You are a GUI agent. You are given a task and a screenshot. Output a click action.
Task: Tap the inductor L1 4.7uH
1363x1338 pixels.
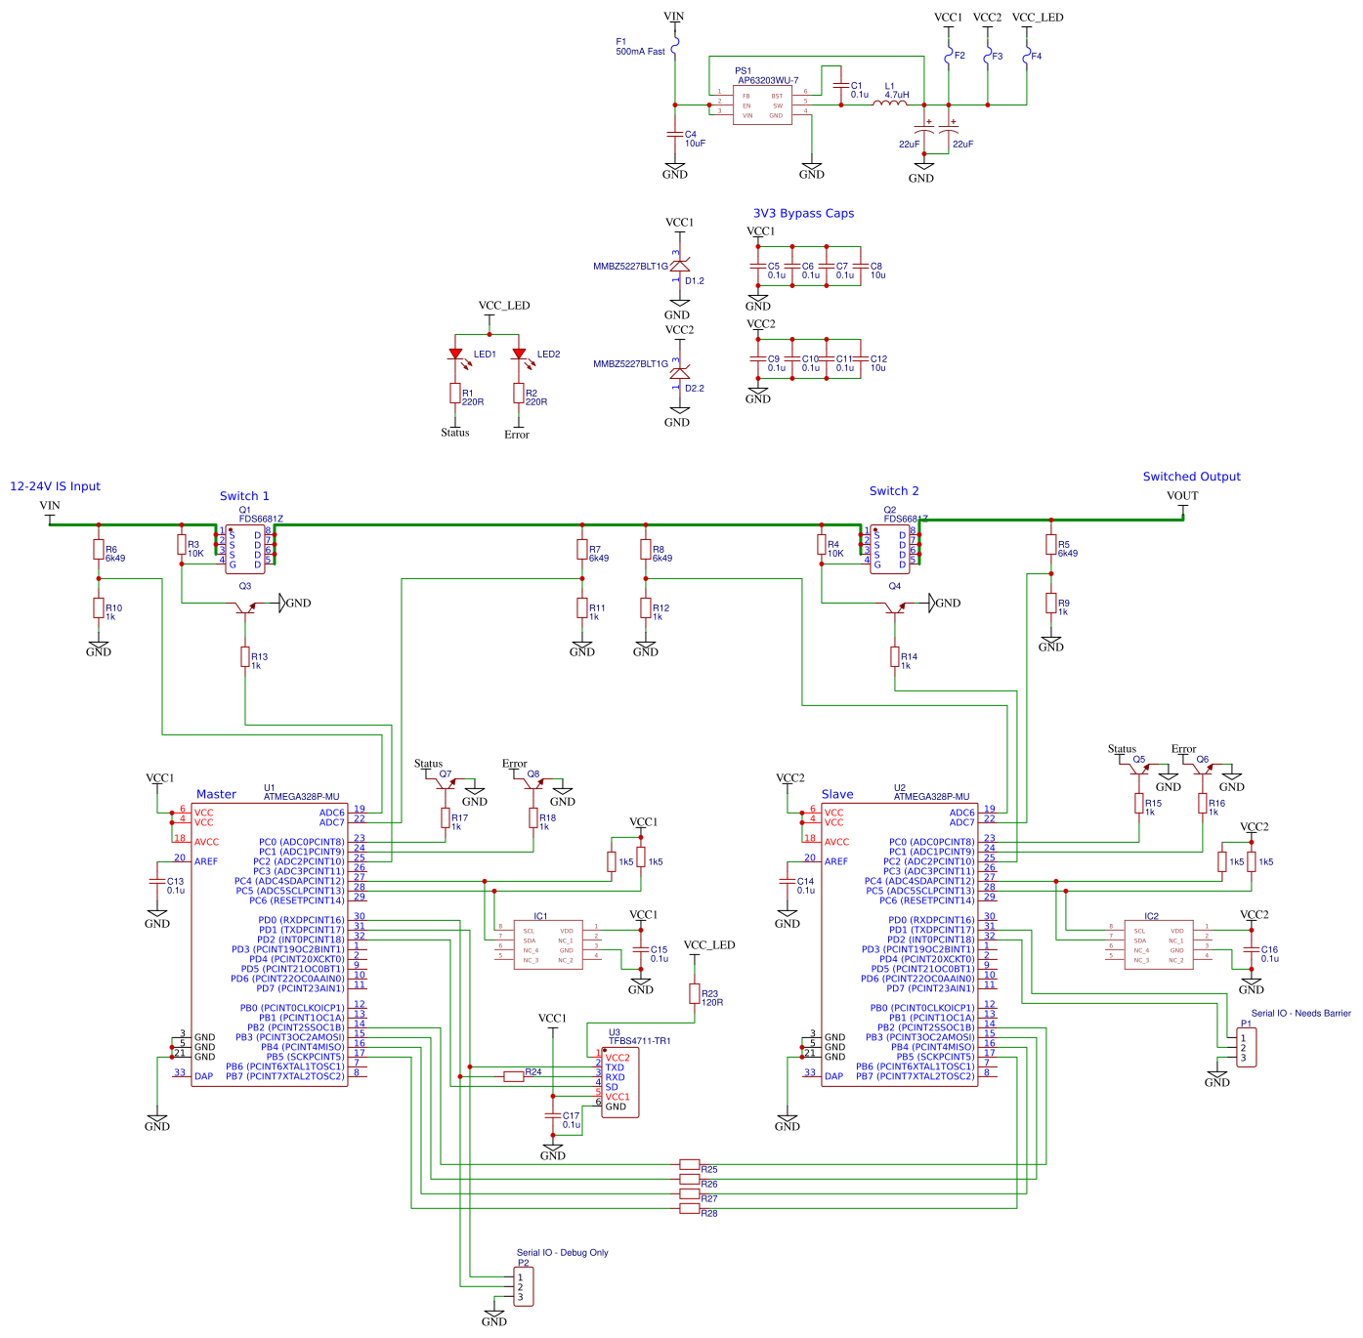[889, 102]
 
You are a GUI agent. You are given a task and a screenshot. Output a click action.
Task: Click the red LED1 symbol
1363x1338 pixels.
[455, 355]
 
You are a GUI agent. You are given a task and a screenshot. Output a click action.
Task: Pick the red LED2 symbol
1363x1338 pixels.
[519, 355]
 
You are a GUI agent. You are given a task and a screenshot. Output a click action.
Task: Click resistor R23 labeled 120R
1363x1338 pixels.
[695, 993]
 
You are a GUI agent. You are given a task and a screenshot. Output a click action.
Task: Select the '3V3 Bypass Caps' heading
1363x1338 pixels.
[803, 213]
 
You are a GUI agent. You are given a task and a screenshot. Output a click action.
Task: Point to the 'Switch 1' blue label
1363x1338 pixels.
[244, 496]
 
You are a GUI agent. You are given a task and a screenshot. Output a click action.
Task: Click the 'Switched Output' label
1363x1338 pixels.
[1191, 477]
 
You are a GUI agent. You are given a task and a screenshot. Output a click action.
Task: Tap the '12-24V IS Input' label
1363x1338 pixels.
[55, 486]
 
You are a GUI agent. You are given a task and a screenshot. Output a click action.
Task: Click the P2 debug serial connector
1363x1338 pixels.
[524, 1286]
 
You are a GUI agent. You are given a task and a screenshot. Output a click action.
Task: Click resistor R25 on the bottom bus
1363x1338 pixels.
[690, 1164]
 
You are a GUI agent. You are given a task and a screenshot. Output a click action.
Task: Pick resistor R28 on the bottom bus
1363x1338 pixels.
[690, 1209]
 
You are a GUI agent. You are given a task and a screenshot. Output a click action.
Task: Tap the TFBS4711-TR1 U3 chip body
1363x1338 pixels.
[619, 1082]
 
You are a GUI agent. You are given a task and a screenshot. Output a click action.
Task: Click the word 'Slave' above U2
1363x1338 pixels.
[837, 795]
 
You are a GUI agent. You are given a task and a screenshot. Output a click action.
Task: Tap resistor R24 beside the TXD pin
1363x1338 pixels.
[514, 1076]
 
